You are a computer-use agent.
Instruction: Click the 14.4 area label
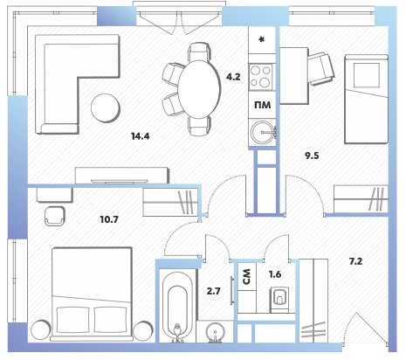coord(141,136)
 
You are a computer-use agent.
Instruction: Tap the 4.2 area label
coord(233,77)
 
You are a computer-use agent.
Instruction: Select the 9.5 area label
coord(312,156)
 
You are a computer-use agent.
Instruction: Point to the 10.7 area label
coord(109,219)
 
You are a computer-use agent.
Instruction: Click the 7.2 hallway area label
coord(355,261)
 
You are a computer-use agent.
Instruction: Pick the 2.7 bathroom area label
coord(214,291)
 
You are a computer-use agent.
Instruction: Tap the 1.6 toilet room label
coord(275,274)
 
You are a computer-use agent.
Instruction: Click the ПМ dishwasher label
coord(263,105)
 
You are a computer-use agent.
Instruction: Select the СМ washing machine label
coord(247,276)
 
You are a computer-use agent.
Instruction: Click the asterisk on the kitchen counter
coord(262,39)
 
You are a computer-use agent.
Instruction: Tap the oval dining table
coord(199,89)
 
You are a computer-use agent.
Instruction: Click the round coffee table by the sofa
coord(106,108)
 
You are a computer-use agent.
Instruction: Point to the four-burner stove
coord(261,77)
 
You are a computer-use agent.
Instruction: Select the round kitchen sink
coord(263,133)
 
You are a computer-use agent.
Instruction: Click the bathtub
coord(177,306)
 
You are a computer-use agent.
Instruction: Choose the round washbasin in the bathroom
coord(215,332)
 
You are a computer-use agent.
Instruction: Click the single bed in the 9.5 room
coord(366,99)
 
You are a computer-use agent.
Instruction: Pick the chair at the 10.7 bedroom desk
coord(55,216)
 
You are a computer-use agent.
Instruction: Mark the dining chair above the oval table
coord(199,52)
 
